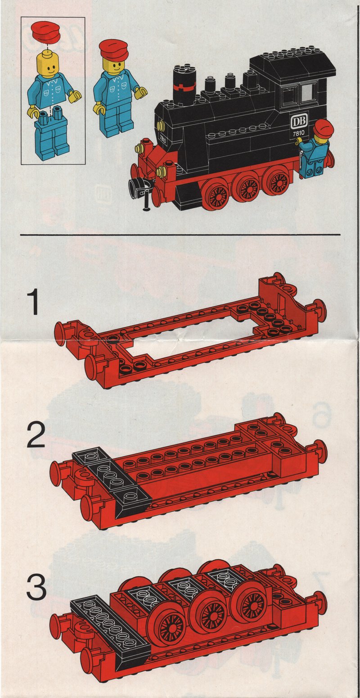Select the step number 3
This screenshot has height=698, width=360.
tap(36, 586)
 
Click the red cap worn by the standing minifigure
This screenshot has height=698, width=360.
tap(113, 50)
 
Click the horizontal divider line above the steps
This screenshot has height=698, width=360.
tap(180, 234)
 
